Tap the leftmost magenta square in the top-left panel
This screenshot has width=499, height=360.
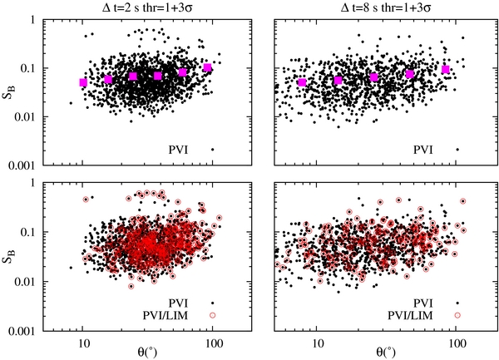[x=83, y=82]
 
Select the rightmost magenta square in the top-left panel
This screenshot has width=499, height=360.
[x=208, y=67]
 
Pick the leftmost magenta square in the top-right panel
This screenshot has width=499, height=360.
[x=302, y=82]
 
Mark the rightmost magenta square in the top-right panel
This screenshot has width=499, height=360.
[x=446, y=70]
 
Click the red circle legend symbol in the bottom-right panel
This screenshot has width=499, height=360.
[x=457, y=315]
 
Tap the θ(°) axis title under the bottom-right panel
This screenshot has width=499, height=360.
[x=382, y=353]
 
